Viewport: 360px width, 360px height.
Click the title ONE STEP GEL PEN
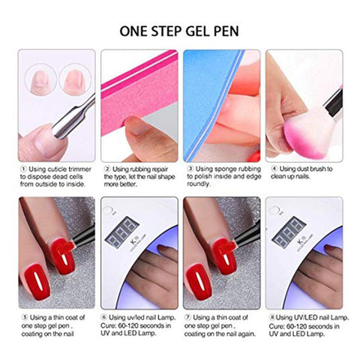point(180,32)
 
